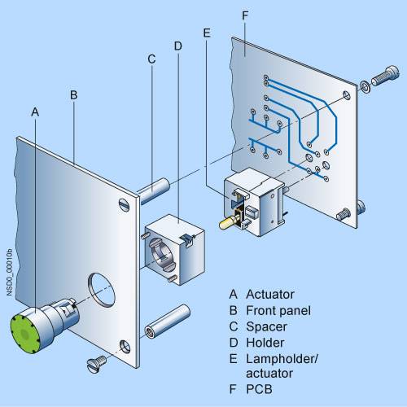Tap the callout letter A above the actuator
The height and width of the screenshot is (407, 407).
35,112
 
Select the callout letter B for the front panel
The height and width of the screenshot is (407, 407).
74,95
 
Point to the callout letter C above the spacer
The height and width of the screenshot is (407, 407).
151,59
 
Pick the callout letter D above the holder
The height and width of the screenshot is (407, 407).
178,46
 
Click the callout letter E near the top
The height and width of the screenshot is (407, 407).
207,33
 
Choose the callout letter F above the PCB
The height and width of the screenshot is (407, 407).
245,15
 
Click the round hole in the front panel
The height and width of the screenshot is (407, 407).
102,290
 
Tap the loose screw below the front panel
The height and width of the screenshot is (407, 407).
97,364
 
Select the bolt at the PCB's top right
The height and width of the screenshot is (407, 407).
386,76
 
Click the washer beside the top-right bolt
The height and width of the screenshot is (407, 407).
365,85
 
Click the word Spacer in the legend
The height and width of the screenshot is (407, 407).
266,326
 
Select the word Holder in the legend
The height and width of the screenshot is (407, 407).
265,343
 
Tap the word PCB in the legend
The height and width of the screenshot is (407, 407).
259,389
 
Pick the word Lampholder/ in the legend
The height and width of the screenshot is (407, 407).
282,359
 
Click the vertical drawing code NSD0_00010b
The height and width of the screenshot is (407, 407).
9,272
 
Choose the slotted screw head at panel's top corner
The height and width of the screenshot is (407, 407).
124,204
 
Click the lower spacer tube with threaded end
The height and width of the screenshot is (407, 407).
168,322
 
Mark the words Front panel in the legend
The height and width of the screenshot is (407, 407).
278,310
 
